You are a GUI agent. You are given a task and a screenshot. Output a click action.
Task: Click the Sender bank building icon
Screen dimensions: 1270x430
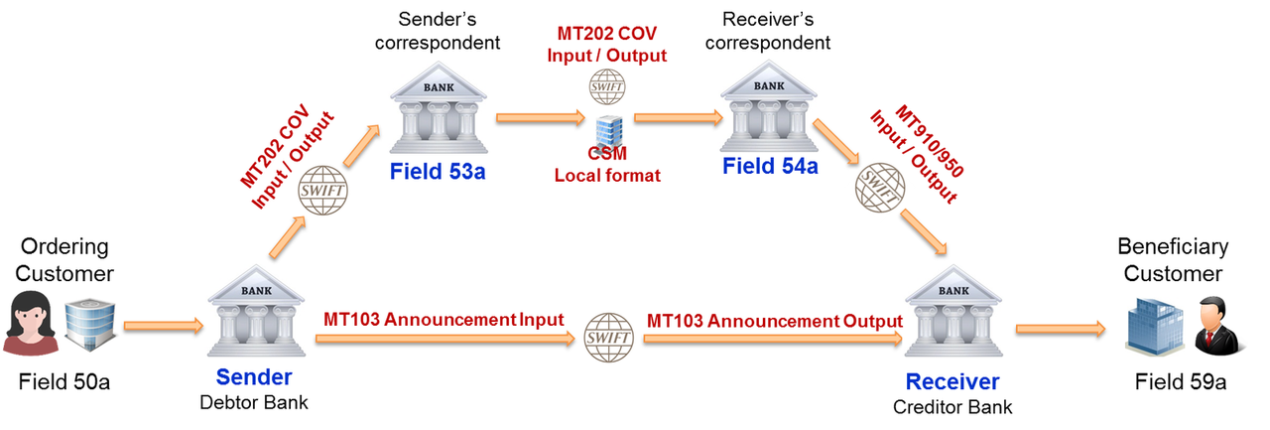(256, 311)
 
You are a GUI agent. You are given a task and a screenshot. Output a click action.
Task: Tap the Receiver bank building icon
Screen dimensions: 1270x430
(953, 311)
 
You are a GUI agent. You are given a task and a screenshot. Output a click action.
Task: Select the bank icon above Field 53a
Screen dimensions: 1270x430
(439, 108)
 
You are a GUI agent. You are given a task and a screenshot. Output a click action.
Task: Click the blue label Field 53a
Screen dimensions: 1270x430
(438, 172)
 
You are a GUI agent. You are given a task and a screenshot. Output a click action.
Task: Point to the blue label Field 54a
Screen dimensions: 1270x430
(770, 166)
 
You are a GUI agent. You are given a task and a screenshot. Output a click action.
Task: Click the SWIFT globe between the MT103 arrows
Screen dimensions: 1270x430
(609, 338)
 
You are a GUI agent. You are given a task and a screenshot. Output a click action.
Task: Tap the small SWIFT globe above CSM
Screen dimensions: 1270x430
(606, 86)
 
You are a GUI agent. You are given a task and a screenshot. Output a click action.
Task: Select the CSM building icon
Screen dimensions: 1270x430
(609, 132)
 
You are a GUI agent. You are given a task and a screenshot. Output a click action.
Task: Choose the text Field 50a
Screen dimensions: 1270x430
(64, 381)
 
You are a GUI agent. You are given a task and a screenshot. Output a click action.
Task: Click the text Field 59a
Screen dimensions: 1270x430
(1181, 381)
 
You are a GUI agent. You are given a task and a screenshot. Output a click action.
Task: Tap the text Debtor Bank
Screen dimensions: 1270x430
(254, 402)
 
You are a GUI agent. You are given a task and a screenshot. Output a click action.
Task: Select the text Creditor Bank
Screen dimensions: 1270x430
(952, 407)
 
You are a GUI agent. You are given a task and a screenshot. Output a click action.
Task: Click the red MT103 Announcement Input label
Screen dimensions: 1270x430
(444, 320)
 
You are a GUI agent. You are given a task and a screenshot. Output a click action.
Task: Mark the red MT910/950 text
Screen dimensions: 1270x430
(930, 141)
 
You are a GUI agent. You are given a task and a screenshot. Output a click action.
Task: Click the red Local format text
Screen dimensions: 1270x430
(607, 176)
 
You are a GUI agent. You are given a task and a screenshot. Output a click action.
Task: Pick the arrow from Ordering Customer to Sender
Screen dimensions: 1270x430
(164, 326)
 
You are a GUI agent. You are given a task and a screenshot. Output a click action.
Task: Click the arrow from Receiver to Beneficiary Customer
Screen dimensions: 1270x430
(1061, 329)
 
